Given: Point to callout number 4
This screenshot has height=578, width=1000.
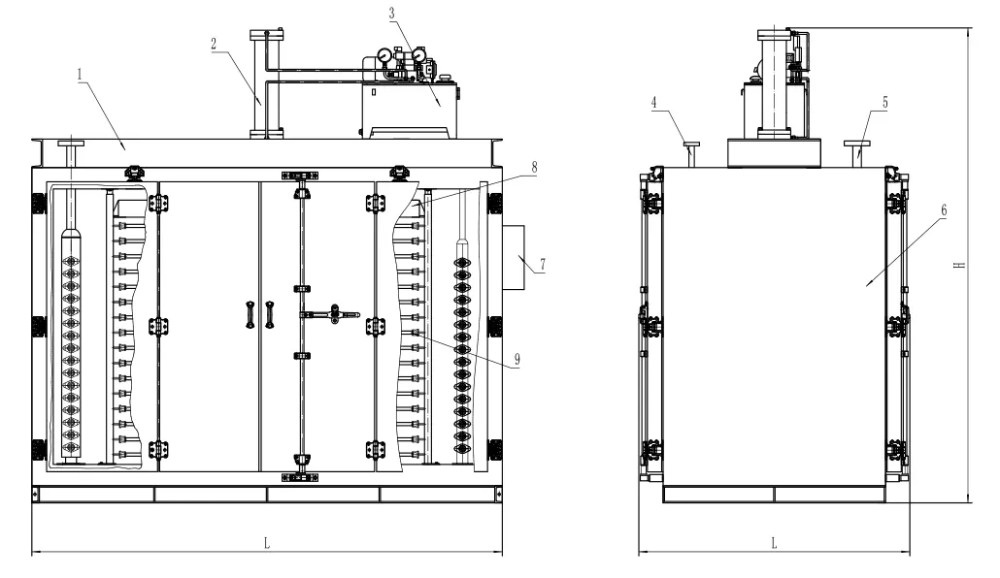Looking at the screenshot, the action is coord(656,102).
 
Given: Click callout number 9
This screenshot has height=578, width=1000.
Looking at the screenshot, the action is coord(517,359).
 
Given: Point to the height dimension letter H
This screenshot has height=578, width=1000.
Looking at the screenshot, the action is coord(959,264).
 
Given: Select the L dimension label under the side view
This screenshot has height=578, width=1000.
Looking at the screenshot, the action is coord(774,543).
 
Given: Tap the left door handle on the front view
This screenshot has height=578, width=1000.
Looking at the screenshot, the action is coord(250,315).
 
